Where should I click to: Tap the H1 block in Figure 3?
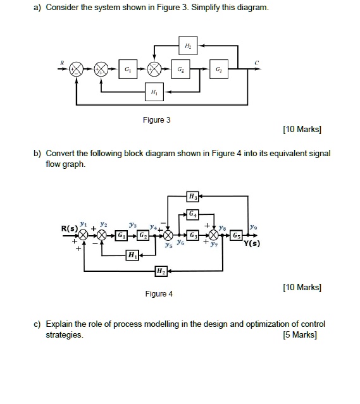click(x=152, y=92)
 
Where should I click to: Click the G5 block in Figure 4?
click(x=236, y=235)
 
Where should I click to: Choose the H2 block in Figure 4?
click(x=161, y=272)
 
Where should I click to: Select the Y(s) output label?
click(x=254, y=243)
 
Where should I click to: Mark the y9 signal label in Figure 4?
click(x=254, y=226)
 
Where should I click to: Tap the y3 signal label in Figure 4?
click(x=132, y=224)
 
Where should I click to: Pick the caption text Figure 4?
click(x=159, y=293)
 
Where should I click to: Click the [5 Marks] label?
click(x=301, y=334)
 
